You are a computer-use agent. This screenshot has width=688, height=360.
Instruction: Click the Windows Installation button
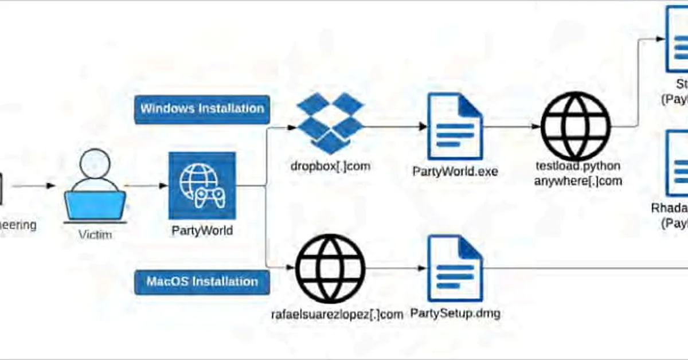[x=202, y=109]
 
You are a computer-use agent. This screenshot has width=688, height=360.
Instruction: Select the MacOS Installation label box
[x=202, y=282]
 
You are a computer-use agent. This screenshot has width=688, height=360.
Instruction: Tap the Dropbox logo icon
[x=331, y=123]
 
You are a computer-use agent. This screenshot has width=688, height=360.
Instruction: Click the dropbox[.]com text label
[x=330, y=167]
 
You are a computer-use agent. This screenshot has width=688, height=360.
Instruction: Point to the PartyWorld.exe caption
[x=455, y=171]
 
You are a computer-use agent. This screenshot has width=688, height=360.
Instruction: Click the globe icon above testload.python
[x=576, y=126]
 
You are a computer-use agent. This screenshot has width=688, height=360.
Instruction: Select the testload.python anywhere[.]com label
[x=577, y=174]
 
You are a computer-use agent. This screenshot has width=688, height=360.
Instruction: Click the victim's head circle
[x=95, y=165]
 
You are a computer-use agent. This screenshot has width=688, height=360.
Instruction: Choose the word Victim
[x=95, y=234]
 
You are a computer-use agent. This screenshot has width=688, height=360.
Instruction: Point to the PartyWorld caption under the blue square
[x=202, y=230]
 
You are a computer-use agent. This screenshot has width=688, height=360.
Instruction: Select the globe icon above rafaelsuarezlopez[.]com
[x=330, y=268]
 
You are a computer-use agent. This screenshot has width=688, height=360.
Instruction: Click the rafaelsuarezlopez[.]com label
[x=337, y=314]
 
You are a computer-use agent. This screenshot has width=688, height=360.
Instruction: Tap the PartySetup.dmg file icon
[x=455, y=268]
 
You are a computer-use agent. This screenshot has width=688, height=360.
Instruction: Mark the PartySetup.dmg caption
[x=455, y=314]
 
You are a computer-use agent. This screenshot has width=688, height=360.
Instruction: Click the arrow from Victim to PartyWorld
[x=146, y=185]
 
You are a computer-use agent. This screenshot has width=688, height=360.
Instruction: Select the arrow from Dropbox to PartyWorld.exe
[x=394, y=126]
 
